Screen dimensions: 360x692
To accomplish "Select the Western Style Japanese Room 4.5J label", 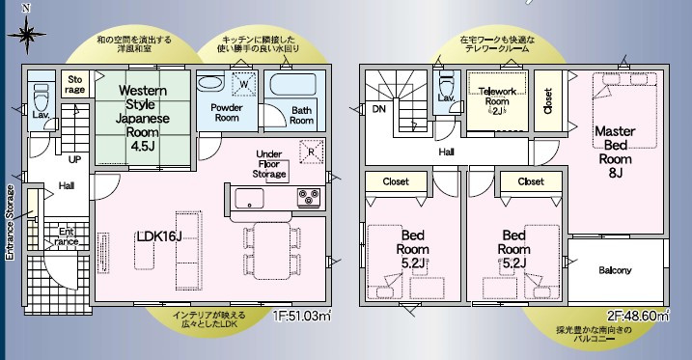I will point(144,112).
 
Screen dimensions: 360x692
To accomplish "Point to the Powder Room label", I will point(226,114).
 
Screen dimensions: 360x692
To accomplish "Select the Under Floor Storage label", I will point(268,164).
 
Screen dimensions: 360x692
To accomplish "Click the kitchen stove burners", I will point(310,197).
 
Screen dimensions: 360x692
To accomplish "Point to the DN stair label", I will point(377,109).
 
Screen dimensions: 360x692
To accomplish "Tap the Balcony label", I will point(615,270).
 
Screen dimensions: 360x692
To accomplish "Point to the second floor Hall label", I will point(447,152).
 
